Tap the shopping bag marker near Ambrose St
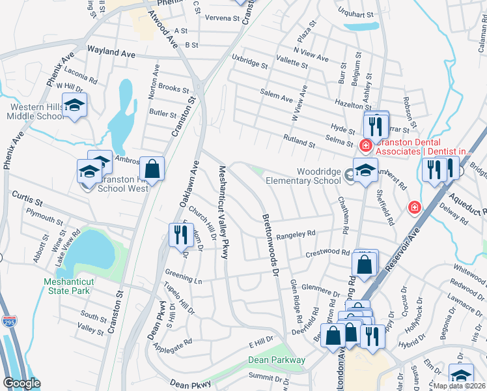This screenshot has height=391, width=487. [152, 169]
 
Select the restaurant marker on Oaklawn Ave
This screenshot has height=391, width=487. [178, 235]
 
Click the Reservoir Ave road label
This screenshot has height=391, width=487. [398, 242]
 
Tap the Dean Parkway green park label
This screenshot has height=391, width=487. [277, 360]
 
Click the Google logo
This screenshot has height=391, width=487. [21, 383]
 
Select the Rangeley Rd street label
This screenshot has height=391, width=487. [296, 235]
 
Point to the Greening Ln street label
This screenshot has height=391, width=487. [183, 279]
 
